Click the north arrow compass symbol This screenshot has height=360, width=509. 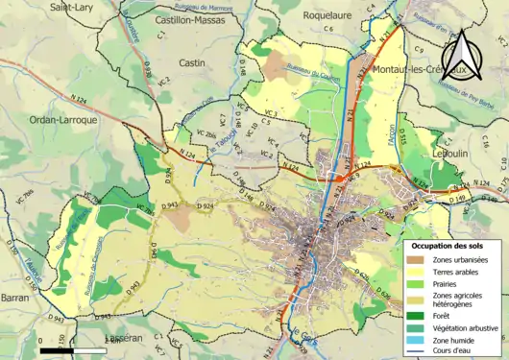click(x=464, y=56)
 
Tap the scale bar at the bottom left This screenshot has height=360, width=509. click(x=72, y=350)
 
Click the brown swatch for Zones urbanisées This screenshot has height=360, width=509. click(x=413, y=260)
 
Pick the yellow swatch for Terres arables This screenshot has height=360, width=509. click(x=413, y=272)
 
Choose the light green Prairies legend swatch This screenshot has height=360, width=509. click(x=413, y=284)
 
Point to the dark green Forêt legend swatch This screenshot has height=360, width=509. click(x=413, y=315)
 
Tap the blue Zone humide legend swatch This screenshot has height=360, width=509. click(x=413, y=340)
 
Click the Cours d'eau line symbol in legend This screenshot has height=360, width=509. click(x=413, y=351)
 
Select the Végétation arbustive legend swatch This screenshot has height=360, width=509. click(x=413, y=327)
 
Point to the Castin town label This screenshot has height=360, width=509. click(x=193, y=62)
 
